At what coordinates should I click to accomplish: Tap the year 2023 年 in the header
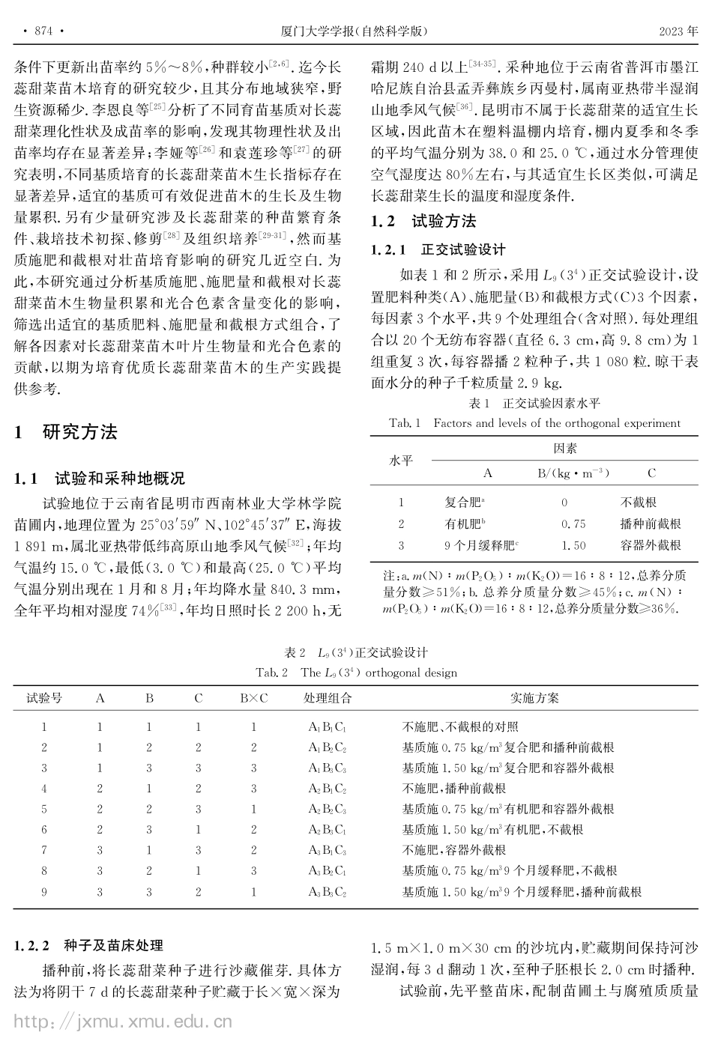click(678, 31)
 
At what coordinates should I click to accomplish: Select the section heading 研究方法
click(80, 432)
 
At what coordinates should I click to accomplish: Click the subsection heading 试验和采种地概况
click(120, 479)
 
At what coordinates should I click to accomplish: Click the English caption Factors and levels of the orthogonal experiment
click(556, 423)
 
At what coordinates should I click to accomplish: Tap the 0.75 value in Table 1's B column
click(573, 524)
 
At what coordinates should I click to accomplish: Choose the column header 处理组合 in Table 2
click(328, 698)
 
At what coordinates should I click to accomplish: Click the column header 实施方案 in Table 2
click(534, 698)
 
